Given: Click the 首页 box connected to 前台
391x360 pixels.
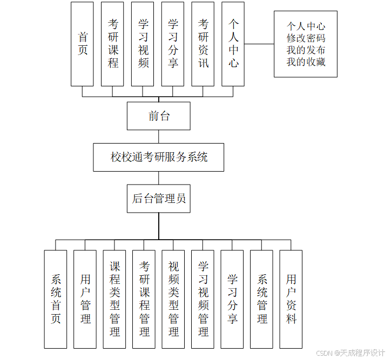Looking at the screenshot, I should [82, 44].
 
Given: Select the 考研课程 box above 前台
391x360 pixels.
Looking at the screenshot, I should [112, 44].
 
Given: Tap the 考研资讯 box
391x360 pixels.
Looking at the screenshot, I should [203, 44].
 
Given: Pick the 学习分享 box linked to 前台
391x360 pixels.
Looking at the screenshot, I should [173, 44].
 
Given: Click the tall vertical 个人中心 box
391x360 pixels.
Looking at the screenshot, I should [233, 44].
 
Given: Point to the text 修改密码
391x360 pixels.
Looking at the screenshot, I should [306, 38].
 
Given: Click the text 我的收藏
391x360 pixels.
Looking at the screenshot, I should [306, 62].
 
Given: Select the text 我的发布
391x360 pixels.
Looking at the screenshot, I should [306, 50].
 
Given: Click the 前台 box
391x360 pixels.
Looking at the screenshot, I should [159, 116].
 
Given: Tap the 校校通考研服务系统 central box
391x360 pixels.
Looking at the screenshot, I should [159, 157].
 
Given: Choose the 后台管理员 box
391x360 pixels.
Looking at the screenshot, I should [159, 199].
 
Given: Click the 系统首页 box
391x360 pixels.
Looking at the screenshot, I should [56, 298].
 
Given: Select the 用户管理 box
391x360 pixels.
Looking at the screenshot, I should [85, 298].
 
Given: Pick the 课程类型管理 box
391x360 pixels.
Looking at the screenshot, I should [114, 298].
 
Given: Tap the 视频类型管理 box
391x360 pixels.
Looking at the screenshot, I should [173, 298].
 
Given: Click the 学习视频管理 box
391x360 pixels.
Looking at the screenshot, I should [203, 298].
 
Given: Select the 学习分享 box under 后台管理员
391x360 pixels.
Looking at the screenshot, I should [232, 298].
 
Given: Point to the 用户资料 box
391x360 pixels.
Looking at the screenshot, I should [291, 298].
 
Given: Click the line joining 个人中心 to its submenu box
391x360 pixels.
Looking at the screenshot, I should [259, 44].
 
